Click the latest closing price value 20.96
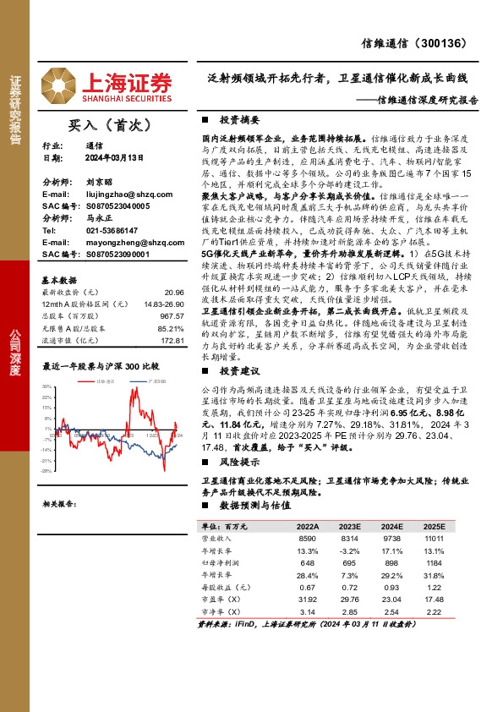coord(174,290)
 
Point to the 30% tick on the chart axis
coord(47,387)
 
